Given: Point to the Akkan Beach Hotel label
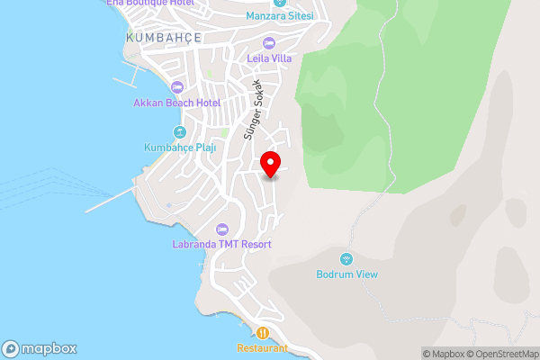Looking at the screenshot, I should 177,103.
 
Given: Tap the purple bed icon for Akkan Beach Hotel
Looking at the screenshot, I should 177,87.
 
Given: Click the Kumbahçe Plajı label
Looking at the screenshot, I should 180,148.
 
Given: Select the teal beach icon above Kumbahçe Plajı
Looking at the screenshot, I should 180,131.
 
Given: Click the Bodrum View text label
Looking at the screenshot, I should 346,274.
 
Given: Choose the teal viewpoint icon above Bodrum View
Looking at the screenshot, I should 346,258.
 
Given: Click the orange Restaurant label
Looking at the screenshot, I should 262,347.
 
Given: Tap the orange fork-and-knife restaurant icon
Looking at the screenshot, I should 262,331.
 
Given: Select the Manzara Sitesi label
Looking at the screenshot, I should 281,16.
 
